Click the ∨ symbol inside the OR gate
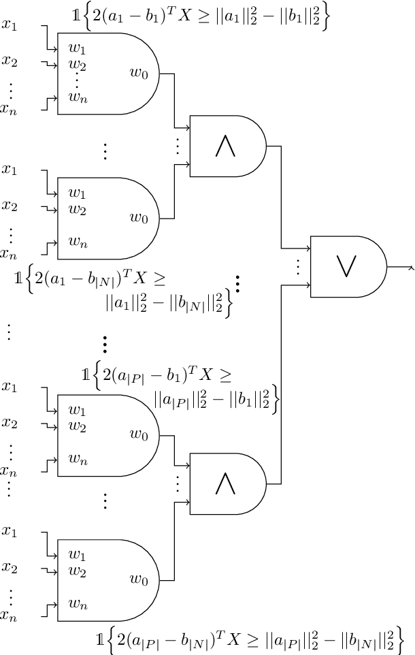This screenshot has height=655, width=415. (348, 266)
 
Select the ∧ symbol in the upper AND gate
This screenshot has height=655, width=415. (226, 146)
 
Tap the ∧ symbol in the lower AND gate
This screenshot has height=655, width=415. (226, 484)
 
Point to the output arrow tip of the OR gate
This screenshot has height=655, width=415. (412, 267)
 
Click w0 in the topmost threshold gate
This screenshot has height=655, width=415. (139, 72)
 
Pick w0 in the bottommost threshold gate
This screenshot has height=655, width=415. (139, 579)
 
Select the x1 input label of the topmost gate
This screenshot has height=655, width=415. (10, 26)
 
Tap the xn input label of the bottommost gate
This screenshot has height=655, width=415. (8, 616)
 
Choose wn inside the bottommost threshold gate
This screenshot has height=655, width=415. (78, 603)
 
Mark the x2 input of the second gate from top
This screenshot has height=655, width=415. (10, 205)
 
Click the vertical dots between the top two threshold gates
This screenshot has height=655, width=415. (105, 150)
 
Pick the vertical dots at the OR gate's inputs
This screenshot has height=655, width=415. (297, 266)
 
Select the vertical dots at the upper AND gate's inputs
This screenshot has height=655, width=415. (177, 145)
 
